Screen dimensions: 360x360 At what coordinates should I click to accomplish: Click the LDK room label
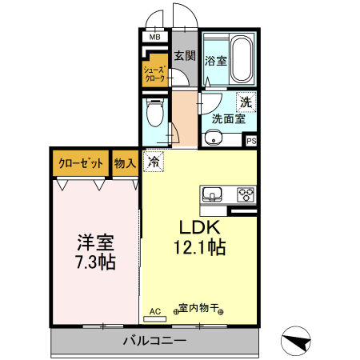point(194,227)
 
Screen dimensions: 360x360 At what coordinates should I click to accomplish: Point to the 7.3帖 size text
point(94,262)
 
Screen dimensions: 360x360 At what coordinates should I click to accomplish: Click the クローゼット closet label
point(81,164)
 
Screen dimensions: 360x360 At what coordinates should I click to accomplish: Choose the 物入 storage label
point(125,164)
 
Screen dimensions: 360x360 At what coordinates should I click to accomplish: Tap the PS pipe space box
point(251,142)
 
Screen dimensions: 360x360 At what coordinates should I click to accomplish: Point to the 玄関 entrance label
point(185,55)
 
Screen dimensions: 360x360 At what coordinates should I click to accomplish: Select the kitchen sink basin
point(214,194)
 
